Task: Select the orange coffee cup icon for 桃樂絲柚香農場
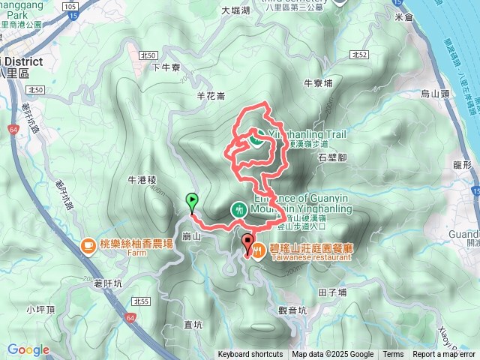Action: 88,244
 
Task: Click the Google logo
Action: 28,349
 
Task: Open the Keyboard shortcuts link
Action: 250,355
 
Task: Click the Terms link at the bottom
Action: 393,355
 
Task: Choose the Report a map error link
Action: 444,355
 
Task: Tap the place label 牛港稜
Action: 141,180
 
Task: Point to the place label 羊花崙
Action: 211,95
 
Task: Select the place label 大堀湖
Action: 235,11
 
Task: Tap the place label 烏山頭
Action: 434,94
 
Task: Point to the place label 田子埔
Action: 332,292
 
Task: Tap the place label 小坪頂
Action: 37,309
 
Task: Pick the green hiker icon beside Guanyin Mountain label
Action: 238,209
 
